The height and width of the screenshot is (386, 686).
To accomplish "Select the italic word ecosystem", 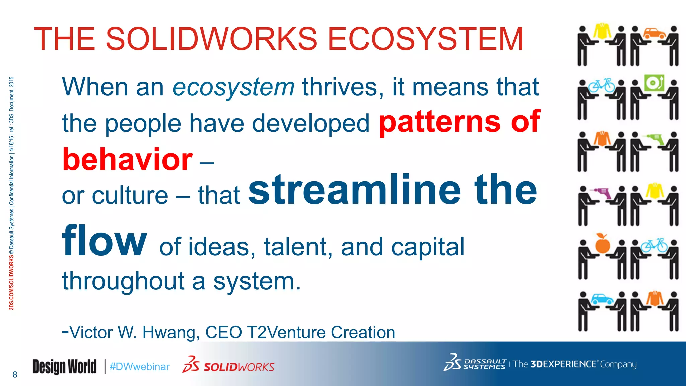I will (x=233, y=87).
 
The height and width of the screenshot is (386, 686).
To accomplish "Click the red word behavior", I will (x=128, y=159).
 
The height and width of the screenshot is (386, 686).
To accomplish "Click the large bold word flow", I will (x=105, y=240).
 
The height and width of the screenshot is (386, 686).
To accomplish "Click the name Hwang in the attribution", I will (x=170, y=332).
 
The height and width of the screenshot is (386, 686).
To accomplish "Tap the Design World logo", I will (x=64, y=366).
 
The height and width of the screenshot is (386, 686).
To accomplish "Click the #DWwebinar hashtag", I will (x=140, y=367).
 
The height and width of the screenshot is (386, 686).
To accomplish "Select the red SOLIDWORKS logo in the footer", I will (x=229, y=366).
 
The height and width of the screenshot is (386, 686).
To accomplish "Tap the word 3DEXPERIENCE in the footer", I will (x=563, y=364).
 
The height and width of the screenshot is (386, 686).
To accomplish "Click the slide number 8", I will (x=15, y=375).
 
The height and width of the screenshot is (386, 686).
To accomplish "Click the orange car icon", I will (x=655, y=33).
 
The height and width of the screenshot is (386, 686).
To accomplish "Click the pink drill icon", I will (x=603, y=193).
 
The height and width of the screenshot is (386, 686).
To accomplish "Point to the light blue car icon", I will (x=603, y=299).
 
